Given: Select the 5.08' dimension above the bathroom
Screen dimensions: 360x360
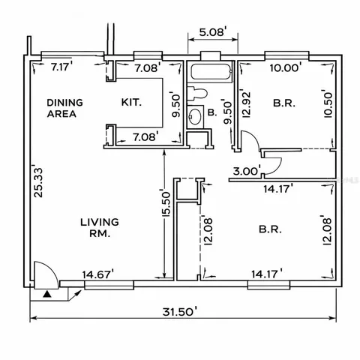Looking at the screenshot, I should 212,33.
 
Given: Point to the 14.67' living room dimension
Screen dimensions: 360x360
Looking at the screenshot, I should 98,274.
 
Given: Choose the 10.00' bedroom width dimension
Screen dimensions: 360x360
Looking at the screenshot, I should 286,67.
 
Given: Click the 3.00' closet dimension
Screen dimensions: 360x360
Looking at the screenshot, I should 247,171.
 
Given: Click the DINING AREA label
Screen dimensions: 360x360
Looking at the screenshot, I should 64,109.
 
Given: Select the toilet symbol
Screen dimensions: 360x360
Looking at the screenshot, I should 199,94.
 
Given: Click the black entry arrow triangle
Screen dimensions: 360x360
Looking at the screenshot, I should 48,294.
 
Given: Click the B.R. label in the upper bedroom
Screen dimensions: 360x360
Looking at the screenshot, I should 283,102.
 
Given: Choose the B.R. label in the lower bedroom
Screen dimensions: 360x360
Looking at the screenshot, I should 270,228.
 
